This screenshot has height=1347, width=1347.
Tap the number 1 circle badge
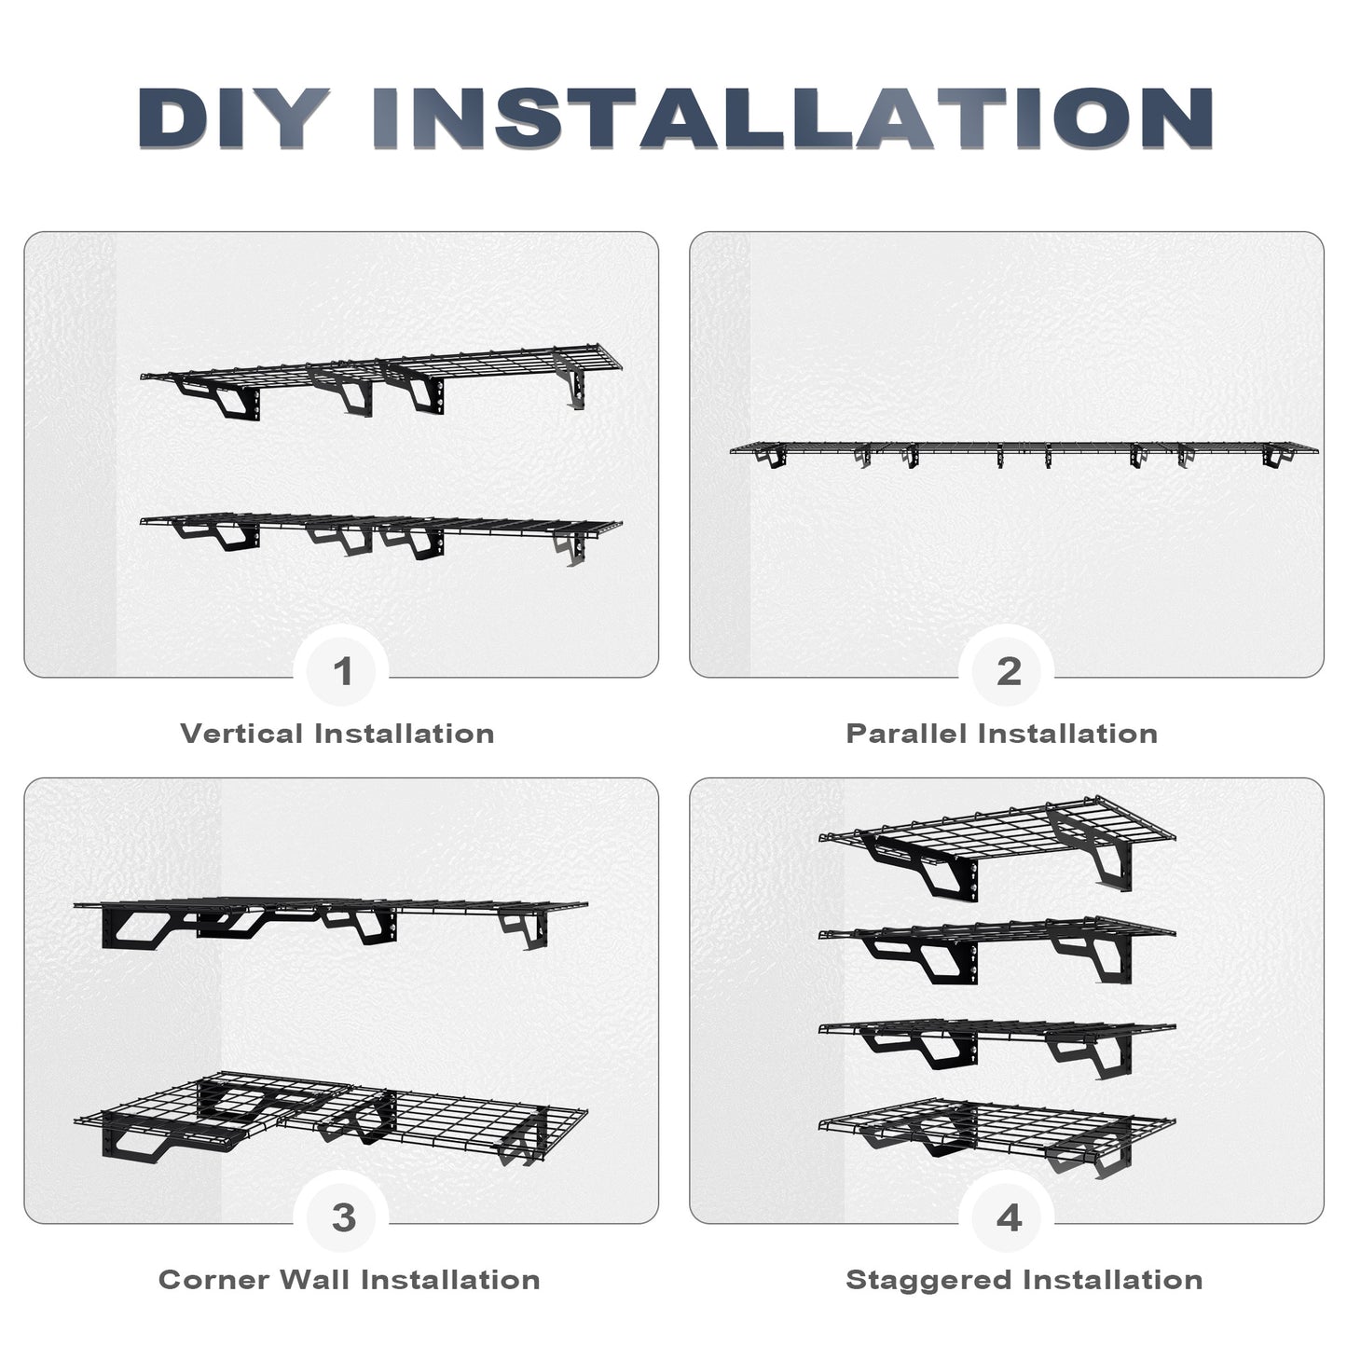343,671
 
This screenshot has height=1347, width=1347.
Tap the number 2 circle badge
1009,671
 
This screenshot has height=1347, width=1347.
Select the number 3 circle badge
343,1217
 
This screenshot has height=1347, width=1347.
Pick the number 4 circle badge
1009,1217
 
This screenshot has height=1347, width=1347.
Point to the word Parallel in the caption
907,734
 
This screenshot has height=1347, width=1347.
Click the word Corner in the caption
213,1279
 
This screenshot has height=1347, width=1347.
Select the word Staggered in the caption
928,1279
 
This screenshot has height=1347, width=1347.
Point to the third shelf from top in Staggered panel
997,1030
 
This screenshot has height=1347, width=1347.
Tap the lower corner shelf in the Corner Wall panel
331,1114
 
